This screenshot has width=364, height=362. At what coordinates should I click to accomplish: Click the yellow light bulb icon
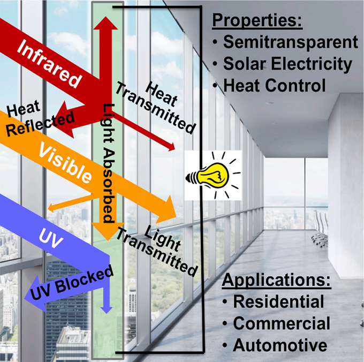pyautogui.click(x=213, y=176)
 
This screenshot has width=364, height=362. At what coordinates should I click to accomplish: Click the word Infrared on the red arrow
pyautogui.click(x=49, y=63)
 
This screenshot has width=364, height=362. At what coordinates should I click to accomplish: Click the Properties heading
pyautogui.click(x=257, y=20)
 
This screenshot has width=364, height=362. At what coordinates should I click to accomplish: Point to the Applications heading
pyautogui.click(x=276, y=280)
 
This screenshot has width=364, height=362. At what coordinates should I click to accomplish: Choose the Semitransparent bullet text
pyautogui.click(x=291, y=42)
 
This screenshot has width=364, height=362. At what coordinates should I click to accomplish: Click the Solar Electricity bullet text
pyautogui.click(x=287, y=64)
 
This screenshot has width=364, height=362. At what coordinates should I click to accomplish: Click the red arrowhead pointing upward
pyautogui.click(x=105, y=23)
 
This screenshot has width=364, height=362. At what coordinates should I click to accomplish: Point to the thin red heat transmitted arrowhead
pyautogui.click(x=171, y=147)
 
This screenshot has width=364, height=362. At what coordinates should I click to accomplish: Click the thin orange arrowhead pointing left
pyautogui.click(x=51, y=208)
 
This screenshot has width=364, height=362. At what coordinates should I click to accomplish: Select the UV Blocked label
pyautogui.click(x=72, y=282)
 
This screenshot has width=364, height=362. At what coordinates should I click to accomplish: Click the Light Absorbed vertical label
pyautogui.click(x=109, y=163)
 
